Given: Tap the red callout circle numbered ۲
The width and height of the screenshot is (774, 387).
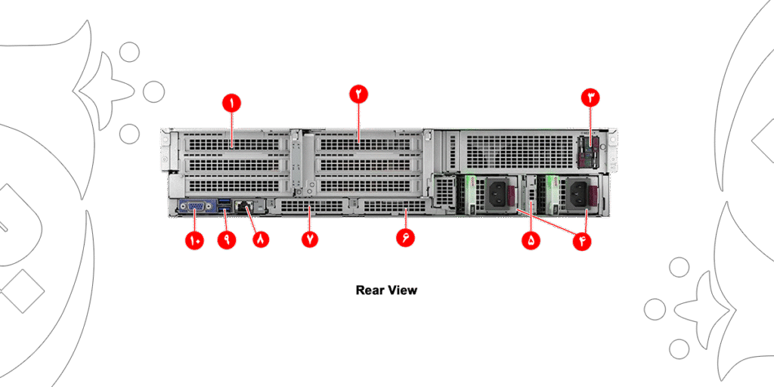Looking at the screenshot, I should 358,94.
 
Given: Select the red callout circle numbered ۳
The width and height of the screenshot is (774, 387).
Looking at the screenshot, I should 590,97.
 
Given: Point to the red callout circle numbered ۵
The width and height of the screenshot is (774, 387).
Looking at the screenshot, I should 531,240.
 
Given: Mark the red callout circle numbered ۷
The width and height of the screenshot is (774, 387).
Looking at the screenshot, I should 309,239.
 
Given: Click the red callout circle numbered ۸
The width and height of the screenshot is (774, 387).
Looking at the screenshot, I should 261,239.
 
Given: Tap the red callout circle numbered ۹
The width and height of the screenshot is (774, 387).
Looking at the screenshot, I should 226,239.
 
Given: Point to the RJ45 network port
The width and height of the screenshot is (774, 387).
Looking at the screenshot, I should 244,205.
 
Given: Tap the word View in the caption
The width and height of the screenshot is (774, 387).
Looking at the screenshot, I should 403,289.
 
